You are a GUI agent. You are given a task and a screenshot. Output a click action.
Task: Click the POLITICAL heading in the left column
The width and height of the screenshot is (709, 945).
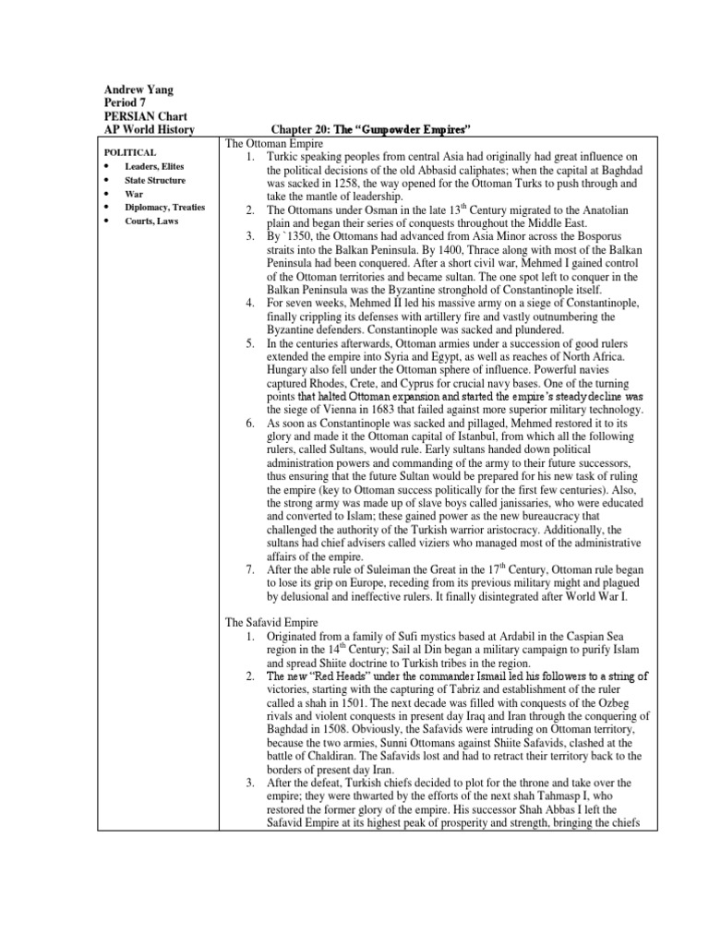click(130, 151)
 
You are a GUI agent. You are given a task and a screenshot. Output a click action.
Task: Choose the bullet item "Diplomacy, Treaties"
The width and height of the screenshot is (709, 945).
click(165, 208)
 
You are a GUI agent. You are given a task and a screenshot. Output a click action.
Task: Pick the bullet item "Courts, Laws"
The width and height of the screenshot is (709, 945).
click(153, 221)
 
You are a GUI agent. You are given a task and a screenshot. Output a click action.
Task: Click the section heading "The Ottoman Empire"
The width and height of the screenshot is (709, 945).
click(275, 144)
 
